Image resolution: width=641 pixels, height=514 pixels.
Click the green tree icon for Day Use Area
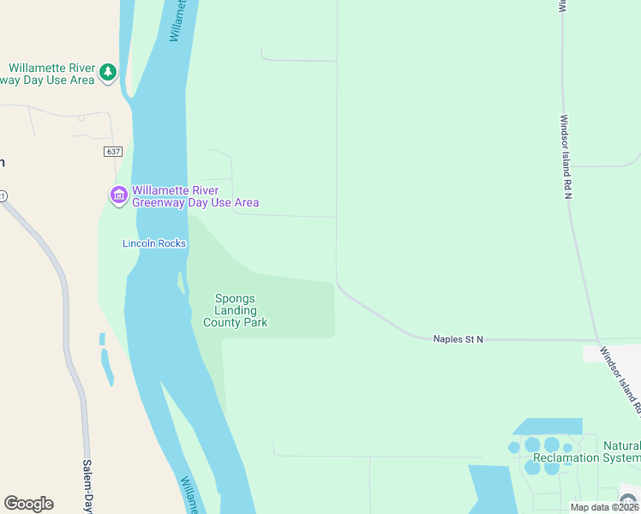point(108,72)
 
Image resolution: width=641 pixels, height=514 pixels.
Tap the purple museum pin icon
point(118,196)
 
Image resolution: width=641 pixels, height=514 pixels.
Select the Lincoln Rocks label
point(154,243)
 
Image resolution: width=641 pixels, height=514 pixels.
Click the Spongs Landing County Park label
point(235,311)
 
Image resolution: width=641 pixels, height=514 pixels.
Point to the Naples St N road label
point(458,340)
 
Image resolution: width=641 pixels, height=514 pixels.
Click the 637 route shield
point(114,152)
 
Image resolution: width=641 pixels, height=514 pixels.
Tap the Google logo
point(28,504)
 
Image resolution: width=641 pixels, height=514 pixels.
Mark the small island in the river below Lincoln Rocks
point(181,282)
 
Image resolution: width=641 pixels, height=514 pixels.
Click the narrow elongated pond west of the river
point(106,367)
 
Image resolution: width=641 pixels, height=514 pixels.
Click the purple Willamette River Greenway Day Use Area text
point(195,196)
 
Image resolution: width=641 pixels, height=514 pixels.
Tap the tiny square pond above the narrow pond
point(102,338)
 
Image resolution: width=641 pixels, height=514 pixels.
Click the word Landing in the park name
point(236,311)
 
